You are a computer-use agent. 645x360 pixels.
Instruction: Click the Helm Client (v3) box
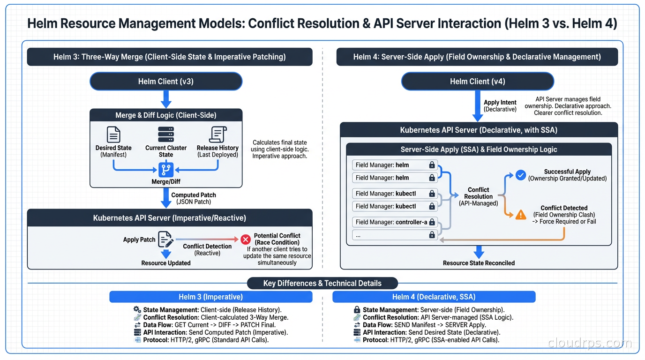tap(166, 82)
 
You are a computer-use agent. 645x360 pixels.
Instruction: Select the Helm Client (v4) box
tap(477, 82)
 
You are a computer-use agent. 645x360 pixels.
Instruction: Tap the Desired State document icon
tap(113, 135)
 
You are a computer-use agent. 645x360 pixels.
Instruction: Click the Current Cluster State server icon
tap(166, 135)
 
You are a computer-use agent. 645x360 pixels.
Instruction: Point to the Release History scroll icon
tap(217, 135)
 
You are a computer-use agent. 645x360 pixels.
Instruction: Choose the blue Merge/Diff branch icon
tap(166, 169)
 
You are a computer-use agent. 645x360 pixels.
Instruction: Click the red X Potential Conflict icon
tap(246, 240)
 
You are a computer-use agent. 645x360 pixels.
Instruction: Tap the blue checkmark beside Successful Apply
tap(520, 175)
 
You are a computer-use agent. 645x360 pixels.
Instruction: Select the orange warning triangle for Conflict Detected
tap(520, 215)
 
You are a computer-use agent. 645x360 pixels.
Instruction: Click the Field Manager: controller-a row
tap(395, 222)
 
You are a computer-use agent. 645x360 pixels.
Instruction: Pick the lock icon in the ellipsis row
tap(432, 235)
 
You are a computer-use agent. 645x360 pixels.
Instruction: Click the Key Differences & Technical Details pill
tap(322, 283)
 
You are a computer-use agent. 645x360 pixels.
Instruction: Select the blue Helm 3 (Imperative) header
tap(210, 297)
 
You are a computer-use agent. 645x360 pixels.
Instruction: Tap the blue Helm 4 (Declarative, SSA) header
tap(434, 297)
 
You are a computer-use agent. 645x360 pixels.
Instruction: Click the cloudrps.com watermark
tap(590, 343)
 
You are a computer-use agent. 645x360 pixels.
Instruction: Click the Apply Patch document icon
tap(165, 239)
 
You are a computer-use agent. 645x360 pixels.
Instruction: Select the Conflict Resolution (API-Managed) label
tap(478, 196)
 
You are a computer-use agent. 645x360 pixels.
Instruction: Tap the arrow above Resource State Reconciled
tap(478, 252)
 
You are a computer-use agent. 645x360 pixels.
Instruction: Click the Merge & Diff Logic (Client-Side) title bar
tap(166, 115)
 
